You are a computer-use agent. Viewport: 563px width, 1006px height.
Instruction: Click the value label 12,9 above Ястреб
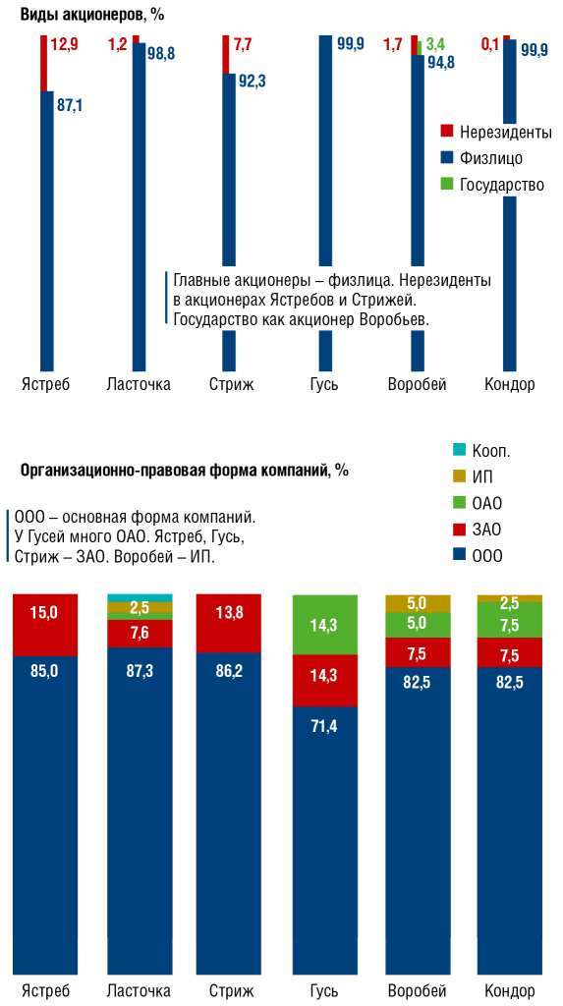click(67, 45)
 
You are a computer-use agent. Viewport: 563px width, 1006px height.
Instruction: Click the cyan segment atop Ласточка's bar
click(139, 597)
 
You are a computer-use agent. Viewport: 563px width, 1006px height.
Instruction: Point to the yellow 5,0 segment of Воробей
click(417, 603)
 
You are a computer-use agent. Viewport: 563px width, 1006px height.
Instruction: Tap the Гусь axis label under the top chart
click(323, 384)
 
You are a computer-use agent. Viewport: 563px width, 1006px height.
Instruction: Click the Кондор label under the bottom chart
click(510, 989)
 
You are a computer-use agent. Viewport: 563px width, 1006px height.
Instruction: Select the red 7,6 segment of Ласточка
click(139, 634)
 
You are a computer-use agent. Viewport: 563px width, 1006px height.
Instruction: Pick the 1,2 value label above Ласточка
click(118, 43)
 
